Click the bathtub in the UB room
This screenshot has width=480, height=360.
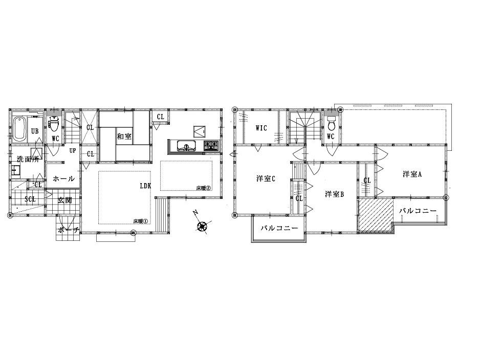pyautogui.click(x=19, y=129)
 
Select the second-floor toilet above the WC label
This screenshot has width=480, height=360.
pyautogui.click(x=332, y=124)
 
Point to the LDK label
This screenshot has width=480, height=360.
pyautogui.click(x=145, y=186)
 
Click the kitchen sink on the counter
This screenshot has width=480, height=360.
pyautogui.click(x=185, y=146)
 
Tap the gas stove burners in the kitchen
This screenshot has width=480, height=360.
pyautogui.click(x=211, y=146)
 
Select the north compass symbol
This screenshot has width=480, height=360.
pyautogui.click(x=202, y=226)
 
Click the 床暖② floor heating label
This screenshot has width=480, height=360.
pyautogui.click(x=203, y=188)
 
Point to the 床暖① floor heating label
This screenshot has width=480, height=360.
pyautogui.click(x=141, y=221)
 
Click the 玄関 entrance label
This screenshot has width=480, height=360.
pyautogui.click(x=64, y=199)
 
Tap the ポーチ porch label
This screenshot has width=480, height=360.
pyautogui.click(x=68, y=230)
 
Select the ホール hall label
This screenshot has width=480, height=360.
pyautogui.click(x=64, y=179)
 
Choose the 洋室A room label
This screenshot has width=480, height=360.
pyautogui.click(x=411, y=174)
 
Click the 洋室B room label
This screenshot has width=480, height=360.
pyautogui.click(x=334, y=194)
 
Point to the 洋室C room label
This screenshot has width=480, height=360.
pyautogui.click(x=266, y=178)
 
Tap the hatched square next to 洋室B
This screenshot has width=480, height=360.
pyautogui.click(x=375, y=215)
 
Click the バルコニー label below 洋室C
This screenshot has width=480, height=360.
pyautogui.click(x=279, y=228)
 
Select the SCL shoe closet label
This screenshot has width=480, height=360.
pyautogui.click(x=30, y=199)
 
